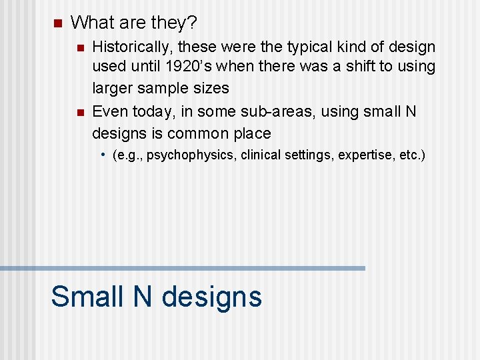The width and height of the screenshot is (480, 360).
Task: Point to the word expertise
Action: [364, 155]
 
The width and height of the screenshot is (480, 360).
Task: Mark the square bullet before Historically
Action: [79, 48]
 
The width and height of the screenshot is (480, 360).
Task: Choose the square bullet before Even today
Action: [79, 112]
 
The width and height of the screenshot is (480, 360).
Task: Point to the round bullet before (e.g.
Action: [104, 155]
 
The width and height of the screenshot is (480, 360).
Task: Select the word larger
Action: [112, 88]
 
